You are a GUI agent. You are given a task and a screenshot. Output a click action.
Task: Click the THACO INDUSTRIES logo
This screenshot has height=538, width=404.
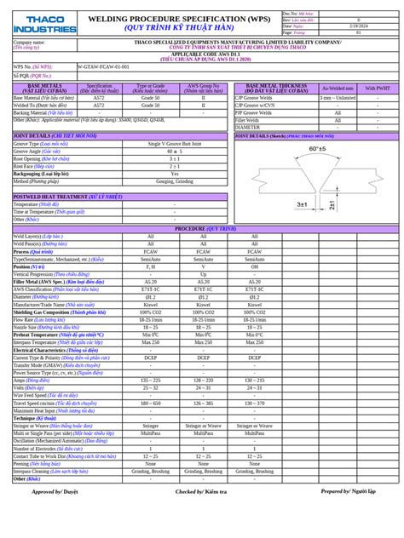pos(44,23)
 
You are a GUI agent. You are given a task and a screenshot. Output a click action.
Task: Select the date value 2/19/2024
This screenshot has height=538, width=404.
pos(358,26)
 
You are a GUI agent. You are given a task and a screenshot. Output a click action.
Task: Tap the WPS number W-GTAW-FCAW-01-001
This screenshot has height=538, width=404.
pos(105,65)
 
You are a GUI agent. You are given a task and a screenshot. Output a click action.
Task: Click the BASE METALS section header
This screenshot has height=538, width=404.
pos(43,86)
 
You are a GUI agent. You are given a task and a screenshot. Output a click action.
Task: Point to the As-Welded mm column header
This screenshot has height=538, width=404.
pos(337,87)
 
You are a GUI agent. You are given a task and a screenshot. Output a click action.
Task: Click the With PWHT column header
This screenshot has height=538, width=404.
pos(377,87)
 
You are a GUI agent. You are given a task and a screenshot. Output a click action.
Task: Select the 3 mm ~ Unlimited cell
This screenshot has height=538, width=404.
pos(337,98)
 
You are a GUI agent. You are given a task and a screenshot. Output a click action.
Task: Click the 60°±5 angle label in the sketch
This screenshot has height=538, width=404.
pos(317,149)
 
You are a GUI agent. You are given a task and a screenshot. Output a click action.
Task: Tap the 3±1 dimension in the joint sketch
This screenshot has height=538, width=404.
pos(302,205)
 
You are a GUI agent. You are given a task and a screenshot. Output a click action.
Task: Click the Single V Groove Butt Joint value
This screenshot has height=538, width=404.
pos(175,144)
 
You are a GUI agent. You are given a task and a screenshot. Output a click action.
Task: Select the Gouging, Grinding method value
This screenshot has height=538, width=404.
pos(175,181)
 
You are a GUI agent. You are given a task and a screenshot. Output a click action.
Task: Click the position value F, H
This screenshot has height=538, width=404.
pos(151,266)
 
